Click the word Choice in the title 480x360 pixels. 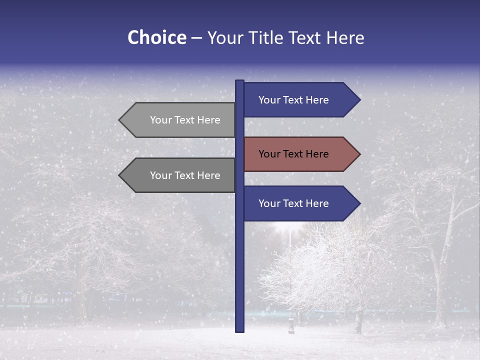pos(156,37)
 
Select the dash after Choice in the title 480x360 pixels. pos(196,38)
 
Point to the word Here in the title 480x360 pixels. pos(345,37)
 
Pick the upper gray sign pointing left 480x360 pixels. pos(180,120)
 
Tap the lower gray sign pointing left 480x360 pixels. pos(180,175)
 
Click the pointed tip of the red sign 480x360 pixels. pos(358,154)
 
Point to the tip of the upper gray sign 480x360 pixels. pos(120,120)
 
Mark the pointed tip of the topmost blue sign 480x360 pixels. pos(358,100)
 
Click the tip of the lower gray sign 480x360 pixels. pos(120,175)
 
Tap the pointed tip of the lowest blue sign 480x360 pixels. pos(358,203)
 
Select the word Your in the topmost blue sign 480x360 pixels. pos(269,100)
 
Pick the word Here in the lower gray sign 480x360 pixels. pos(209,175)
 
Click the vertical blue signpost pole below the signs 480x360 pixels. pos(239,275)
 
